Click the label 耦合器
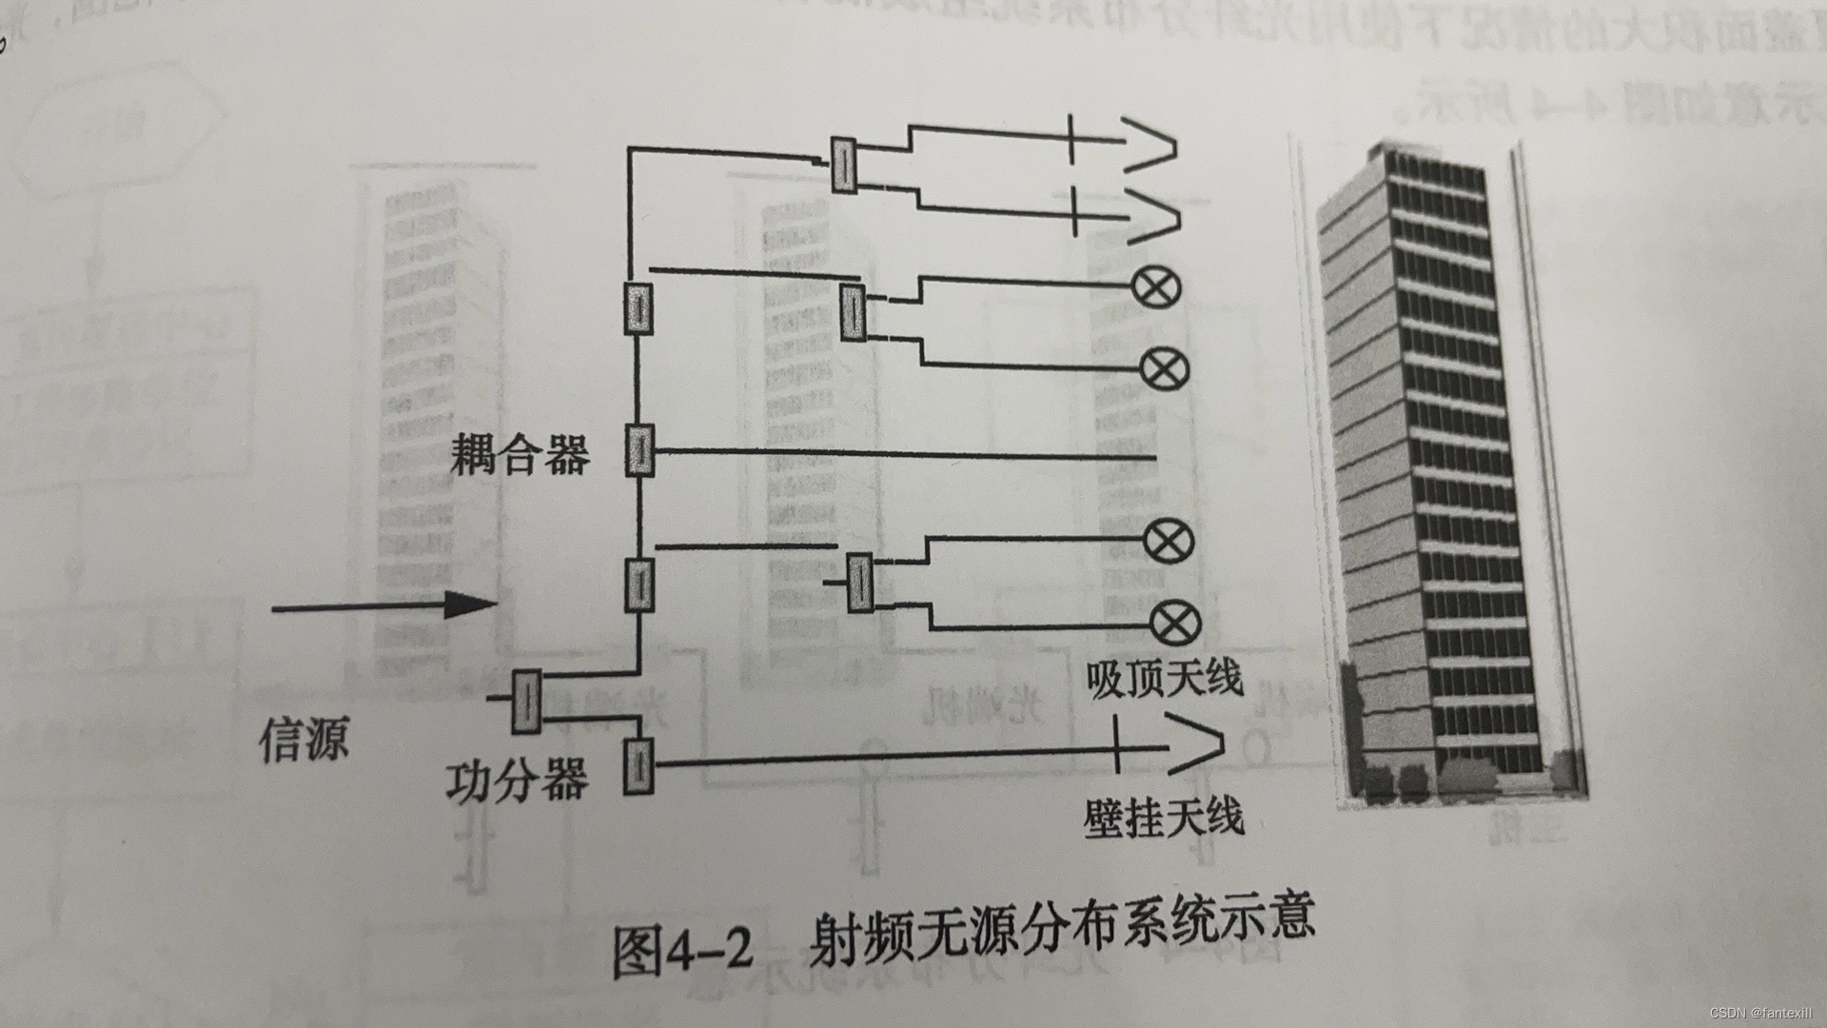click(520, 454)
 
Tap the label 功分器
click(517, 781)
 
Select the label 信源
click(304, 738)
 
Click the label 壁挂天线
click(1163, 818)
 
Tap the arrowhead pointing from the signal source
click(471, 603)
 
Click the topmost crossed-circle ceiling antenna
click(1157, 286)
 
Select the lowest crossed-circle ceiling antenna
click(1176, 623)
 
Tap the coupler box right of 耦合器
click(639, 450)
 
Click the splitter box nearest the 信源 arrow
click(526, 701)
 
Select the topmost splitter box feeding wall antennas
click(843, 165)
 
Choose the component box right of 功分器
click(638, 765)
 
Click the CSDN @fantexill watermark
click(1763, 1013)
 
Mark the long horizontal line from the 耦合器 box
click(904, 454)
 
